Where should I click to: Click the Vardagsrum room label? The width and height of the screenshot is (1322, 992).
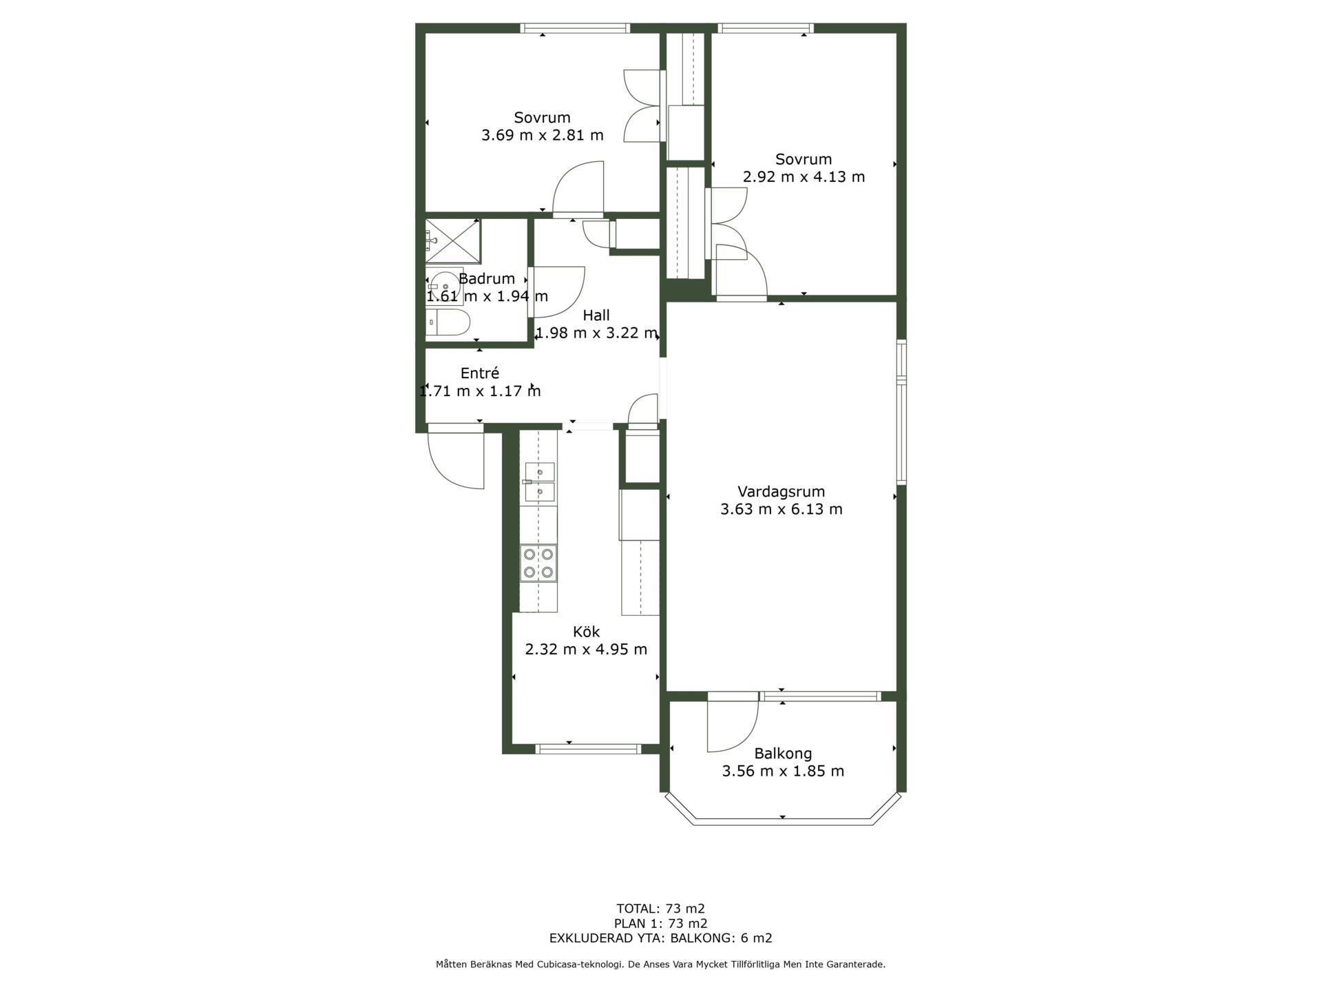coord(781,492)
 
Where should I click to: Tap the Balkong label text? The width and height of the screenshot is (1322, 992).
coord(783,754)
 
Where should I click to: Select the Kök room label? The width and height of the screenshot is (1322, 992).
coord(586,632)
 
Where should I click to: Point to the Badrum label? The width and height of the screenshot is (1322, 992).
coord(487,279)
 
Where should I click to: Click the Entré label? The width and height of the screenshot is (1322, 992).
coord(480,373)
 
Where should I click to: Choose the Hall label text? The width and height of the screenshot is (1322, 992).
coord(596,316)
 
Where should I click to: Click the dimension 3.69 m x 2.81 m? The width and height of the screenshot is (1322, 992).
coord(543,135)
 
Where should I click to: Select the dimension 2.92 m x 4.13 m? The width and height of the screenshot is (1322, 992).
coord(804,176)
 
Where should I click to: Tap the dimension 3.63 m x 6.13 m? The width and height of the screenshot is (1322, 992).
coord(781,509)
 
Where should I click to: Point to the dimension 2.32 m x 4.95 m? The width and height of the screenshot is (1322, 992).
coord(586,649)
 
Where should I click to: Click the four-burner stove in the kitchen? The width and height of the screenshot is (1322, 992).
coord(538,563)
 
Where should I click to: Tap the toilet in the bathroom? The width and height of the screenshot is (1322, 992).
coord(448,322)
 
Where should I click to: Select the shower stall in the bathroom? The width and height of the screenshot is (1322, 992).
coord(453,241)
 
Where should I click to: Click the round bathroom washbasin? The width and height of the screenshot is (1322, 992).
coord(444,286)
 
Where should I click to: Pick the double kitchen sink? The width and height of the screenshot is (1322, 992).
coord(540,482)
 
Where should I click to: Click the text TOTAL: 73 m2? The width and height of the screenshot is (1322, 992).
coord(660,909)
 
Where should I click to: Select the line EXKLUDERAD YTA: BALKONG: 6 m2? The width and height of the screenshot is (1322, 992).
coord(660,938)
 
